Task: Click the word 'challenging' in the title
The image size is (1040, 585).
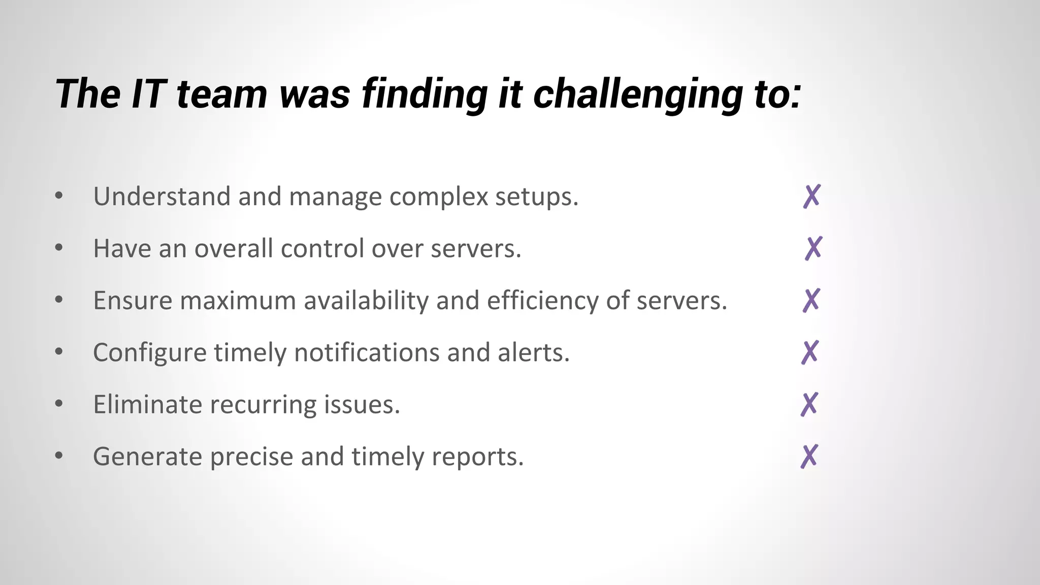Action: click(x=637, y=94)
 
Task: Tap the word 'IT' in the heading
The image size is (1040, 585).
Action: click(x=148, y=94)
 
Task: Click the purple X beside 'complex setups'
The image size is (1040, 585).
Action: click(x=812, y=197)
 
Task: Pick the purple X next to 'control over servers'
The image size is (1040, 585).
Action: click(x=814, y=248)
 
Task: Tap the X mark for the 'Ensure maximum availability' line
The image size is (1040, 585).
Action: click(x=811, y=300)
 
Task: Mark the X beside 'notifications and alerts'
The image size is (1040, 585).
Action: click(x=810, y=352)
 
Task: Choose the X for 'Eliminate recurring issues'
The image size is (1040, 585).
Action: click(x=809, y=404)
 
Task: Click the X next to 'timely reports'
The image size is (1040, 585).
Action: click(x=809, y=456)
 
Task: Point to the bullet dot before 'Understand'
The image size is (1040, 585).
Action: click(x=59, y=196)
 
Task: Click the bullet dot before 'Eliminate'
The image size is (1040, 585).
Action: click(x=59, y=404)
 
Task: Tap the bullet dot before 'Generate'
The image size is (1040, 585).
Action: click(x=59, y=456)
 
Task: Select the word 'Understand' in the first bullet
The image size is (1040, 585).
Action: click(x=162, y=197)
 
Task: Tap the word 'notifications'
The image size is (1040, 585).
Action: click(x=367, y=352)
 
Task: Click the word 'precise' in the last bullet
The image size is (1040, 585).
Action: click(x=251, y=457)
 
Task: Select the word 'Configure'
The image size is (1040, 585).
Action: click(x=149, y=353)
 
